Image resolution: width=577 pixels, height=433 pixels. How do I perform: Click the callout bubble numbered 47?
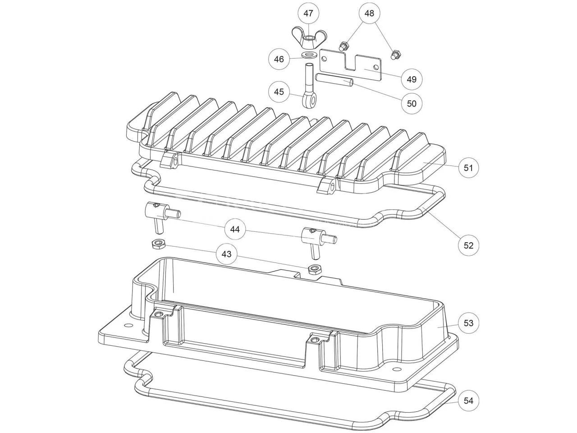click(x=308, y=14)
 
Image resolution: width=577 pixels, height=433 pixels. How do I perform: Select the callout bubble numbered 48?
click(x=369, y=14)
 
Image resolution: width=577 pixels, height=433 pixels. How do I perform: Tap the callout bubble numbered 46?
click(x=279, y=59)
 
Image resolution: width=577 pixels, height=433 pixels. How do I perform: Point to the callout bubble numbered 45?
click(x=279, y=92)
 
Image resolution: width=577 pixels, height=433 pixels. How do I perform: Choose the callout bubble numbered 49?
click(x=412, y=79)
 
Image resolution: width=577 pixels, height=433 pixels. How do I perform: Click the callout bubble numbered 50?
click(x=412, y=103)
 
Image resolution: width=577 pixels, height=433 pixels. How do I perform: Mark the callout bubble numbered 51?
click(x=468, y=168)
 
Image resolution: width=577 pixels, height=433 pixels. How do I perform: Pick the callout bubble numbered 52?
click(x=468, y=245)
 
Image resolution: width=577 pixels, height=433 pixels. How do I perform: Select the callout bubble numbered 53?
click(x=468, y=323)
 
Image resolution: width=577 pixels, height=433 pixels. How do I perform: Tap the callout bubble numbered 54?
click(x=468, y=401)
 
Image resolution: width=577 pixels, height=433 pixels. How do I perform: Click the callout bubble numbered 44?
click(x=235, y=229)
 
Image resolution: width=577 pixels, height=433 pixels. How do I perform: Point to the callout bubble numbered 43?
click(x=226, y=254)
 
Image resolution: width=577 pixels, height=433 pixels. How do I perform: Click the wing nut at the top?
click(x=308, y=39)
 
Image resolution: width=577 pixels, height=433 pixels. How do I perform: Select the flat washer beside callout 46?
click(x=308, y=55)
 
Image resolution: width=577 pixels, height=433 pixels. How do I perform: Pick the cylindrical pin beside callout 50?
click(x=334, y=80)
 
